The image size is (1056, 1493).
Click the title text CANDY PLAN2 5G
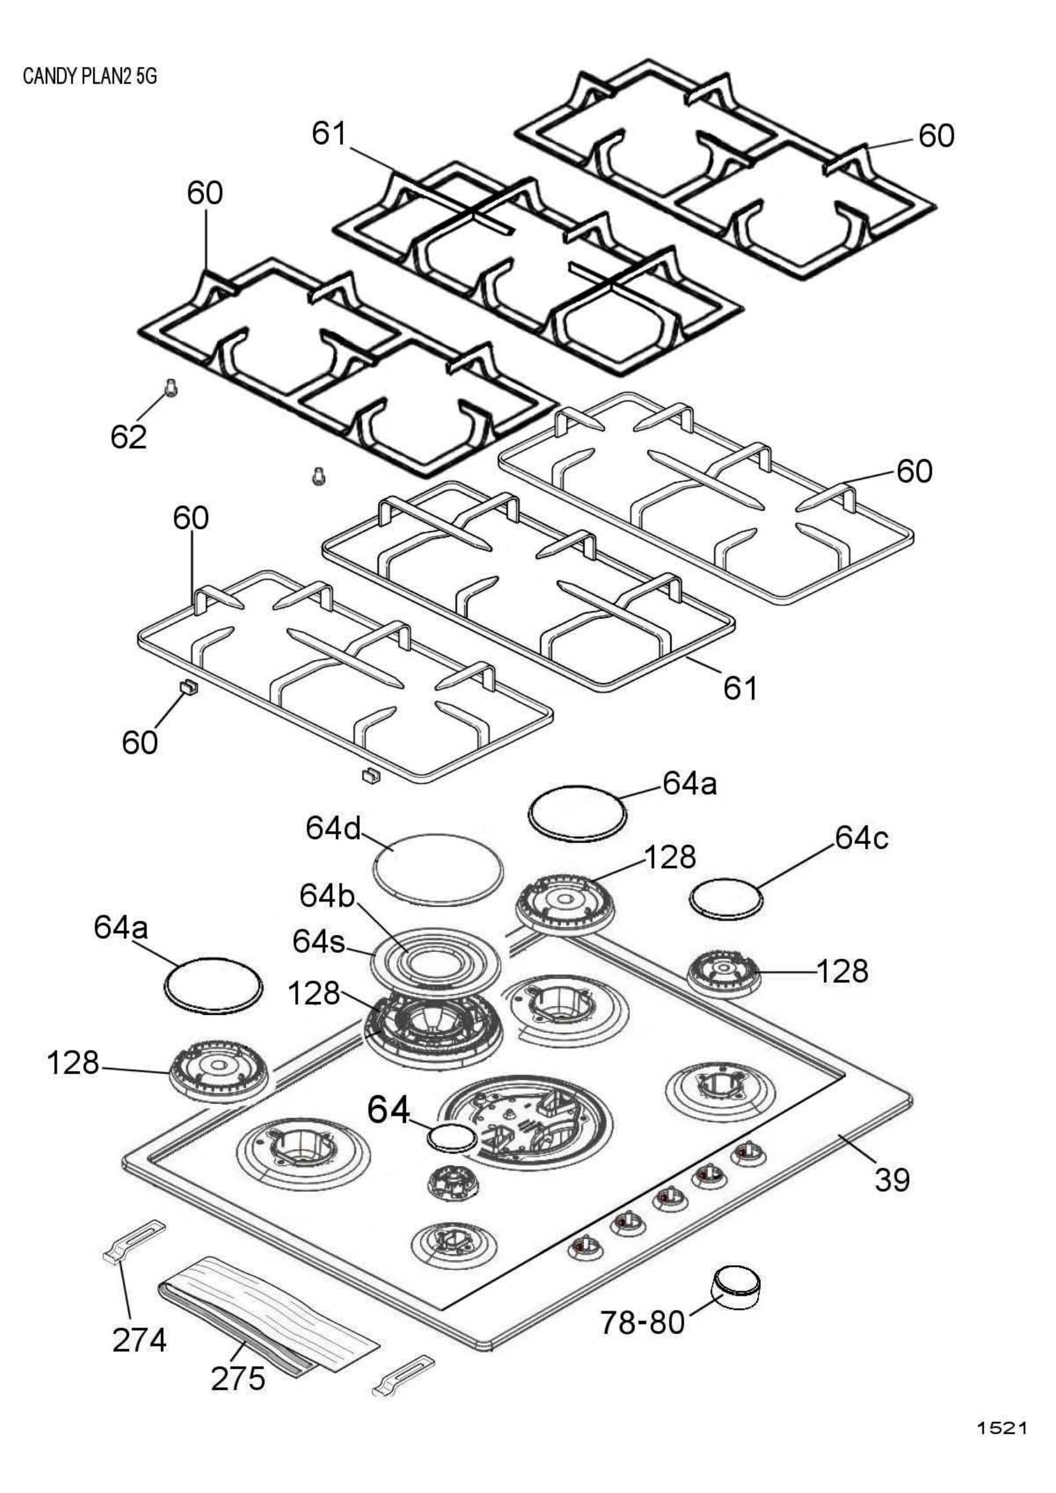90,77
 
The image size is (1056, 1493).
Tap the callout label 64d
333,829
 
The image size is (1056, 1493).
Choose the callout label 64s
319,943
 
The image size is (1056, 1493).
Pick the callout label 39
891,1180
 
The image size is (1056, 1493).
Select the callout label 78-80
643,1322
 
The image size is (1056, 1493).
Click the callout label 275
238,1396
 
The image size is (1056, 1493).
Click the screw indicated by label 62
170,389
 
